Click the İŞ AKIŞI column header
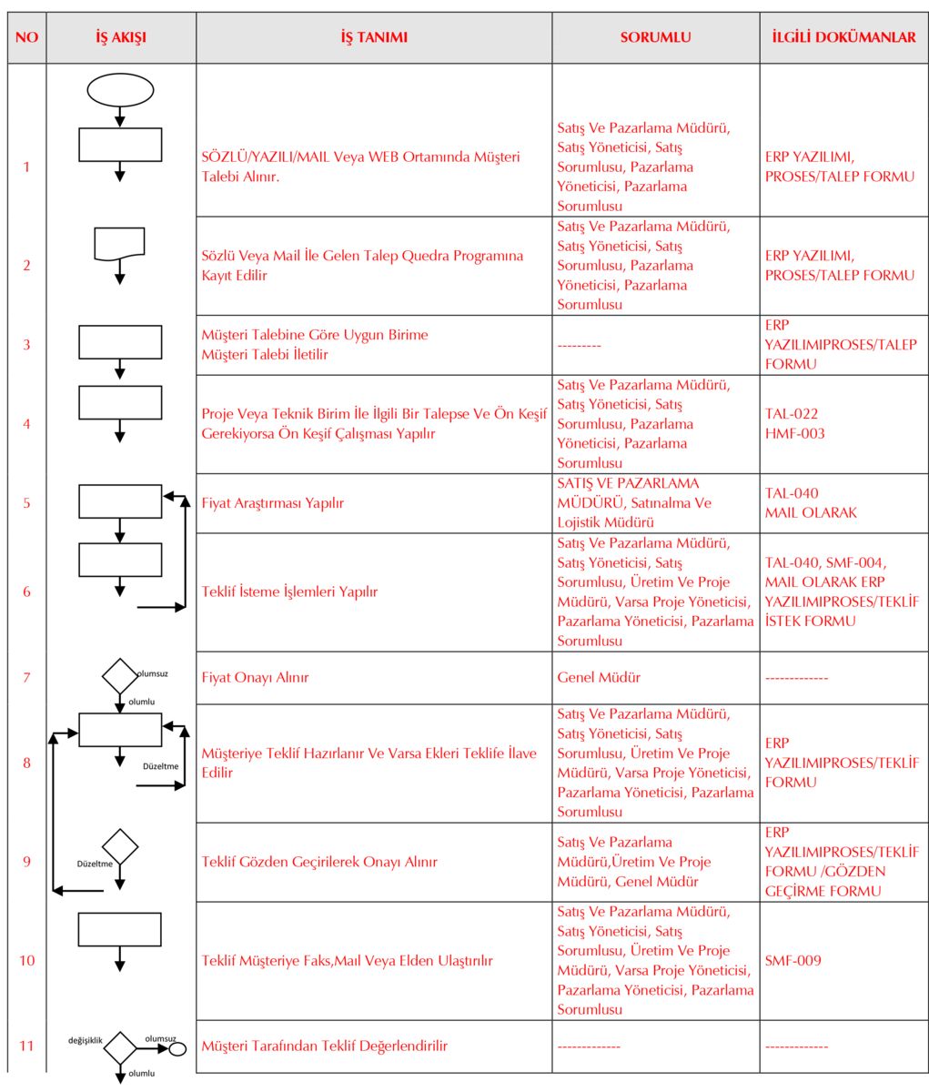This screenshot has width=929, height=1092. (x=120, y=37)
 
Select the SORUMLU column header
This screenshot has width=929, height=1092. (x=655, y=37)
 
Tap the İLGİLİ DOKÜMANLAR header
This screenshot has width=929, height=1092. (x=843, y=37)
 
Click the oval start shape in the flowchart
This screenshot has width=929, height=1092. (x=120, y=89)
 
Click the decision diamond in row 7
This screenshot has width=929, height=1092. (x=119, y=676)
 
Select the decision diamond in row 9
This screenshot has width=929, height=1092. (x=119, y=846)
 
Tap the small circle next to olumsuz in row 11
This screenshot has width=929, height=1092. (x=178, y=1048)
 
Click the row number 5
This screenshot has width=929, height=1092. (x=27, y=502)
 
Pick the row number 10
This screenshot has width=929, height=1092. (x=27, y=960)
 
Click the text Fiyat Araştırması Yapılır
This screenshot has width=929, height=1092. (x=273, y=502)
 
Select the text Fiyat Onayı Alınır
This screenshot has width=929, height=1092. (x=256, y=677)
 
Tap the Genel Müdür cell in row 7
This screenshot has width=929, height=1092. (x=599, y=677)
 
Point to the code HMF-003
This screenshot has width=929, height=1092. (x=795, y=433)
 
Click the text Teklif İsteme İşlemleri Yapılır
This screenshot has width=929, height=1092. (x=289, y=591)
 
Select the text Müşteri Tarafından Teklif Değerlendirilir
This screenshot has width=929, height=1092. (x=325, y=1046)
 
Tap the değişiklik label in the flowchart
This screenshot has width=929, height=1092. (x=86, y=1039)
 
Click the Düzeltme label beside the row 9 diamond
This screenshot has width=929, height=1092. (x=95, y=864)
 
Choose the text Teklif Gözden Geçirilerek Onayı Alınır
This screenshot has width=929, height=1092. (x=319, y=862)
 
